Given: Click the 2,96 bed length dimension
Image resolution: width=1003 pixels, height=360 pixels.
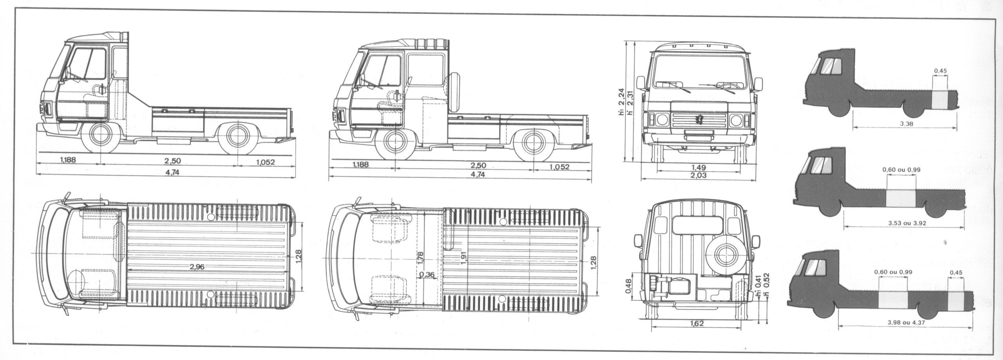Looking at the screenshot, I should point(197,267).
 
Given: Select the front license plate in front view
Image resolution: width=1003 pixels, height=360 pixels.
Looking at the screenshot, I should point(697,137).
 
